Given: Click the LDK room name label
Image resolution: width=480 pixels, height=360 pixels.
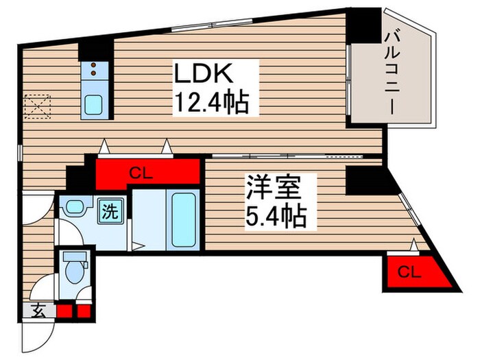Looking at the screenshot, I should pyautogui.click(x=199, y=73).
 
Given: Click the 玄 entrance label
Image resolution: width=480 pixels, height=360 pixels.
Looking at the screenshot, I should pyautogui.click(x=38, y=311).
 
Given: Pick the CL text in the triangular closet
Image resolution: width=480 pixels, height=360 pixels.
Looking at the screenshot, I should pyautogui.click(x=409, y=272).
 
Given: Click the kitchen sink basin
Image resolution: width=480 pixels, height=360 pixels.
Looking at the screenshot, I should pyautogui.click(x=93, y=104).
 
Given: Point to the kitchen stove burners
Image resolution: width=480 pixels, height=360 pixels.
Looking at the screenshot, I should pyautogui.click(x=93, y=69).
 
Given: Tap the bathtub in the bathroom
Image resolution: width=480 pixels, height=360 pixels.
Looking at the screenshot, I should pyautogui.click(x=183, y=219).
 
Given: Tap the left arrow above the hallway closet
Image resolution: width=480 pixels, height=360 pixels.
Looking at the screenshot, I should pyautogui.click(x=103, y=146).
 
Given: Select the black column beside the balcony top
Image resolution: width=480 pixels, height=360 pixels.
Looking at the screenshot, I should pyautogui.click(x=362, y=24).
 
